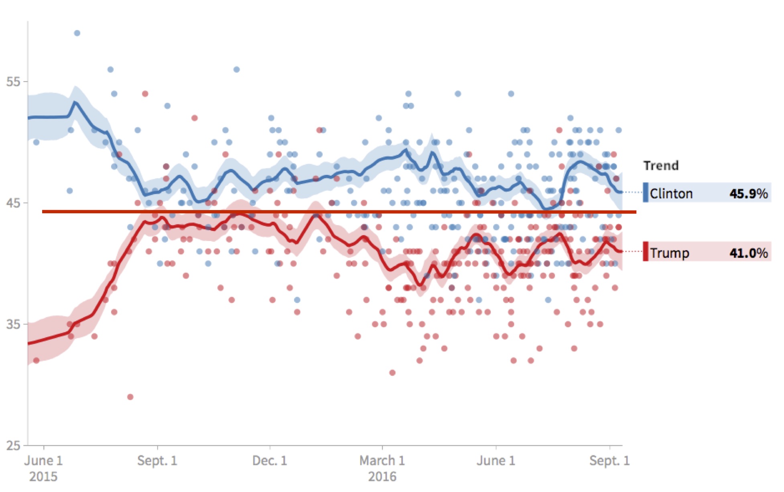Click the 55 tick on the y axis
pyautogui.click(x=13, y=82)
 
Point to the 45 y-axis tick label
pyautogui.click(x=13, y=203)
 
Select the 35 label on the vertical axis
pyautogui.click(x=13, y=324)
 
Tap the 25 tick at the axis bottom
pyautogui.click(x=13, y=445)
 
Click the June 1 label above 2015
pyautogui.click(x=43, y=461)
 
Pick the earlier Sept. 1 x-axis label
pyautogui.click(x=157, y=461)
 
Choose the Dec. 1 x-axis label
pyautogui.click(x=270, y=461)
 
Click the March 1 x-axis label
pyautogui.click(x=382, y=461)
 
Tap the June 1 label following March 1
pyautogui.click(x=496, y=461)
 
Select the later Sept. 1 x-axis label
pyautogui.click(x=609, y=461)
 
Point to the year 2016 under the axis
pyautogui.click(x=382, y=477)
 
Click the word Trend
pyautogui.click(x=661, y=165)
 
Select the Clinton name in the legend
pyautogui.click(x=671, y=194)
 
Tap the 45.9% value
pyautogui.click(x=748, y=194)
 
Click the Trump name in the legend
pyautogui.click(x=669, y=253)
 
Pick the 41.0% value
pyautogui.click(x=748, y=253)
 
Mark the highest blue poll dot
pyautogui.click(x=77, y=33)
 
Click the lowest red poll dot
pyautogui.click(x=130, y=397)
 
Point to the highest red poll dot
pyautogui.click(x=145, y=94)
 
